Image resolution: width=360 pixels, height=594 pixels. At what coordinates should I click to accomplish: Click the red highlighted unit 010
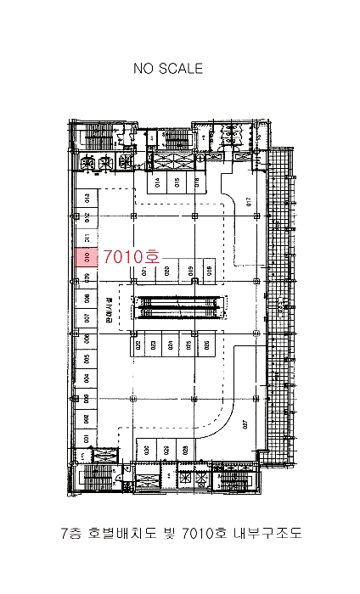tap(87, 256)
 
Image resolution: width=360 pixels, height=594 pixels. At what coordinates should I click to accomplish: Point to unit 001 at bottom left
tap(87, 439)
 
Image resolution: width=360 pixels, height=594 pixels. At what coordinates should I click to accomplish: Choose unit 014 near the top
tap(156, 183)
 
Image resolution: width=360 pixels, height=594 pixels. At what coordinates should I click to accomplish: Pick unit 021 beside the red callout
tap(145, 271)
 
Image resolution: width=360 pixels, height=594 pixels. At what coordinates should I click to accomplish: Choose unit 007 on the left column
tap(87, 318)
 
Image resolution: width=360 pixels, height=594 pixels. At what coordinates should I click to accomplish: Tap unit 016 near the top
tap(198, 183)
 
